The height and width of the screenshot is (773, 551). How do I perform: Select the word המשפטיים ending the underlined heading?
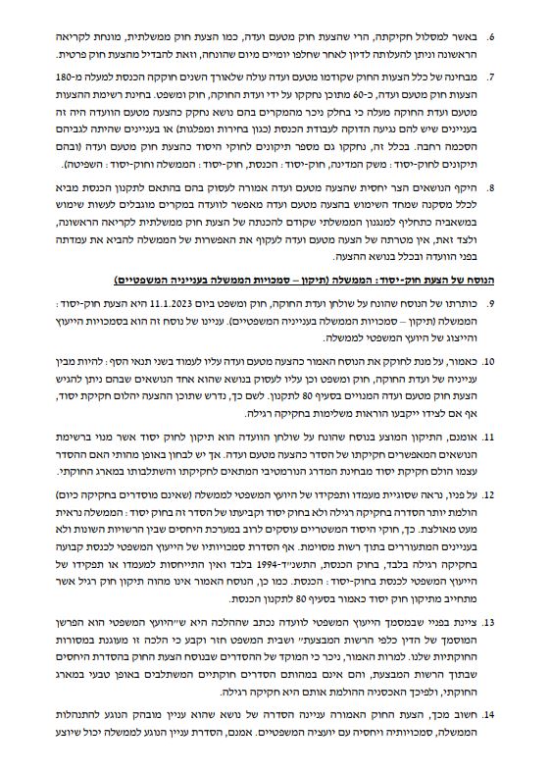tap(142, 279)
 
